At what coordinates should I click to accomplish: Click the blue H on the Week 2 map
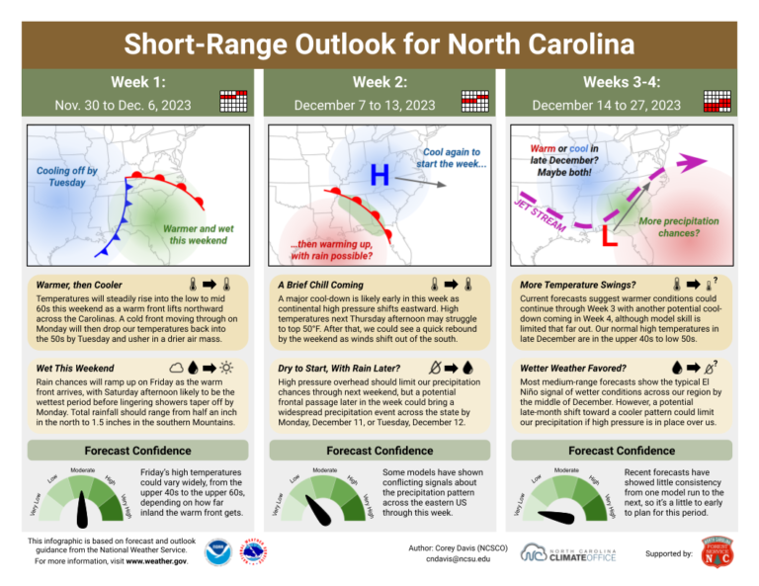click(x=379, y=176)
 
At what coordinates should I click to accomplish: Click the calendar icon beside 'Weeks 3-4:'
click(x=717, y=100)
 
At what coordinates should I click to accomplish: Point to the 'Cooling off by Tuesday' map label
click(x=67, y=177)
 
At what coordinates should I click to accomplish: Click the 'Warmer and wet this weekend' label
click(x=198, y=234)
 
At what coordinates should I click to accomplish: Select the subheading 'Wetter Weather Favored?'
click(x=576, y=368)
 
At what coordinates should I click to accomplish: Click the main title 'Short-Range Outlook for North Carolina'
click(x=379, y=44)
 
